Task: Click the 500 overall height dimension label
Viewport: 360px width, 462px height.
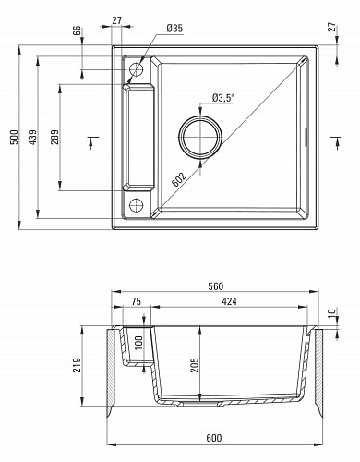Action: point(15,137)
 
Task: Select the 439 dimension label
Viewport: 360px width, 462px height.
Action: point(32,137)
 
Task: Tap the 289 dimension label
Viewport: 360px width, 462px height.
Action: point(54,137)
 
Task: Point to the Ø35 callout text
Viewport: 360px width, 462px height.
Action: point(174,29)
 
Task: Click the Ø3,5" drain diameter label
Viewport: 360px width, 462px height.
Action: point(222,98)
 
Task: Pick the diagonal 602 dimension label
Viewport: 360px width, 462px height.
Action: point(179,179)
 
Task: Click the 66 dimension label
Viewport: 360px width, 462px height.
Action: point(78,30)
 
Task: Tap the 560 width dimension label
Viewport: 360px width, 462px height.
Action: point(215,286)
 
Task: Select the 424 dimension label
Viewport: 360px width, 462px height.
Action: point(230,301)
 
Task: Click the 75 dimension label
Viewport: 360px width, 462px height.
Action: point(136,301)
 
